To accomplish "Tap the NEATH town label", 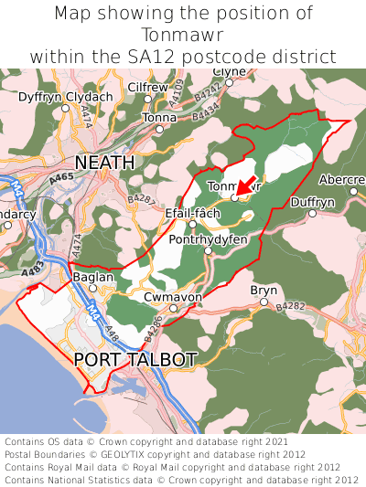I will [x=104, y=162].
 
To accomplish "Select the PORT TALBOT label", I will [x=135, y=359].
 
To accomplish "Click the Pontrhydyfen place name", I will [x=209, y=239].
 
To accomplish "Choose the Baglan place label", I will [x=92, y=277].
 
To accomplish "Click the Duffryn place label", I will [x=312, y=202].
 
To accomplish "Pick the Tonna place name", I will [x=159, y=118].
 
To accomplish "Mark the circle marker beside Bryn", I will [x=264, y=302].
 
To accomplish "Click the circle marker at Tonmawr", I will [x=234, y=197].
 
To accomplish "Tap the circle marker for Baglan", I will [x=92, y=289].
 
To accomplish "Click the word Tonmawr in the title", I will [x=183, y=35].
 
